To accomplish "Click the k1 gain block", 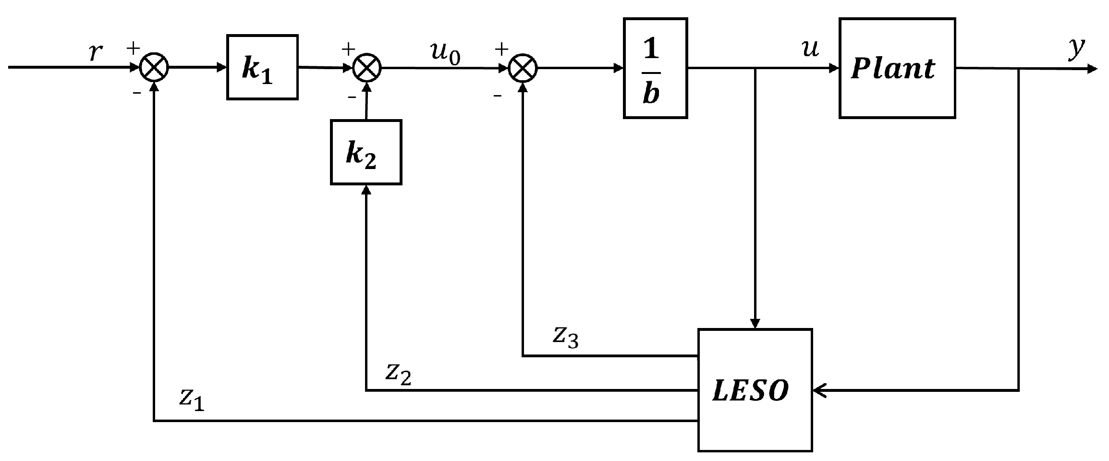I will pyautogui.click(x=262, y=67).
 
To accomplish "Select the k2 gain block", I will pyautogui.click(x=366, y=152).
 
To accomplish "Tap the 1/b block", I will pyautogui.click(x=655, y=68).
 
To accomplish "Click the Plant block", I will pyautogui.click(x=897, y=68).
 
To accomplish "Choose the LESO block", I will pyautogui.click(x=755, y=390).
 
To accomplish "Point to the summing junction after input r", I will pyautogui.click(x=154, y=68).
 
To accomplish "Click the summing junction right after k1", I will pyautogui.click(x=367, y=68).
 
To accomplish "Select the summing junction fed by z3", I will pyautogui.click(x=523, y=68).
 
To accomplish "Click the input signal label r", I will pyautogui.click(x=96, y=51).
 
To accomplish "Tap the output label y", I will pyautogui.click(x=1077, y=48).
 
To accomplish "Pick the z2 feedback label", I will pyautogui.click(x=398, y=374).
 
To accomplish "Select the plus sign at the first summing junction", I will pyautogui.click(x=133, y=48).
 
